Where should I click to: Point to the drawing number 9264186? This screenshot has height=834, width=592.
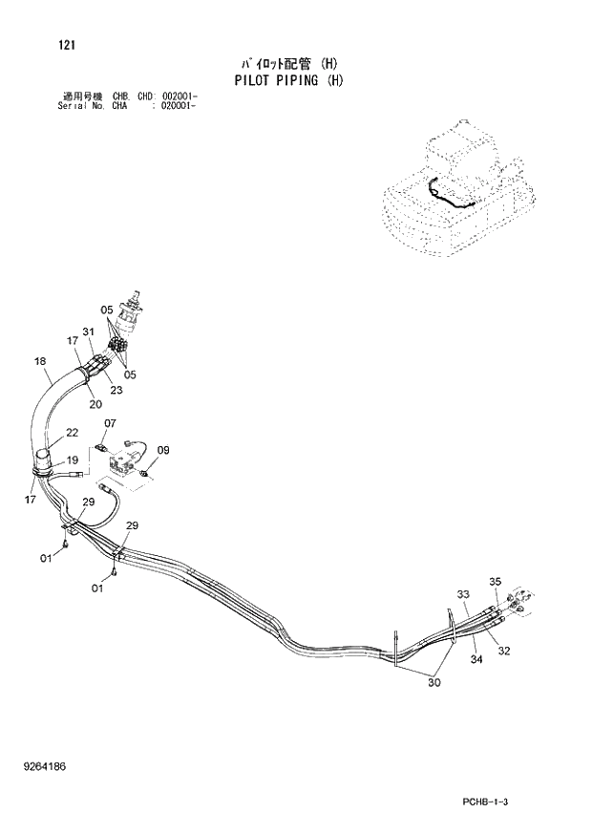click(x=48, y=765)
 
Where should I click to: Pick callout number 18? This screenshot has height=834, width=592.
click(x=39, y=361)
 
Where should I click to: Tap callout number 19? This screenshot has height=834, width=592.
click(x=73, y=460)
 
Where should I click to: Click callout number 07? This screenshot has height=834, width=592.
click(x=110, y=423)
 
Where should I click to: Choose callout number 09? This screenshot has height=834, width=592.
click(x=163, y=450)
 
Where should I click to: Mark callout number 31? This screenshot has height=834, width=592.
click(x=89, y=331)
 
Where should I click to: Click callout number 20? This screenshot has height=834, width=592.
click(x=95, y=403)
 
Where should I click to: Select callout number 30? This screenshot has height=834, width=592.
click(x=433, y=682)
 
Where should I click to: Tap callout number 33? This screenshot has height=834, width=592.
click(x=462, y=594)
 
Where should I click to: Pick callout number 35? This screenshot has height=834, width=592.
click(x=495, y=582)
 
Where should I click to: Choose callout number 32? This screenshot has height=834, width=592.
click(x=504, y=652)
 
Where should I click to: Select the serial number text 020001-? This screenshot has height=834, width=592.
click(x=179, y=105)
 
